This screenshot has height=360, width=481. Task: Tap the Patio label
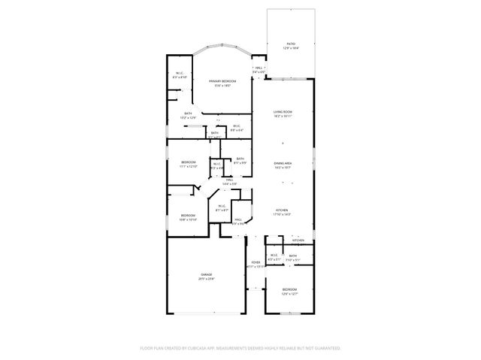coord(290,45)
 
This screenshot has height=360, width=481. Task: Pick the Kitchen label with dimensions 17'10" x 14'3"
coord(282,212)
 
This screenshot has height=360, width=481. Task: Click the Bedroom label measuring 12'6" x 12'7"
coord(289,291)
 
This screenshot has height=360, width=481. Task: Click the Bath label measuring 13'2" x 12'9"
coord(188,115)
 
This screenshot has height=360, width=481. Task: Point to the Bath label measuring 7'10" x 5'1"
coord(292,257)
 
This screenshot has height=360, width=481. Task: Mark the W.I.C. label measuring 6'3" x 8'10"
coord(180,74)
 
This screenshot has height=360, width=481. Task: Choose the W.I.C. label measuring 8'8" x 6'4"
coord(236,127)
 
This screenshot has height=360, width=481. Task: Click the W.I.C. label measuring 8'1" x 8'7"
coord(221,208)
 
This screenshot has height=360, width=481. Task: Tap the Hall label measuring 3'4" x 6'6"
coord(259,69)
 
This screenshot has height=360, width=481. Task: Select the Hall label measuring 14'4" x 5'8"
coord(229,181)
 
